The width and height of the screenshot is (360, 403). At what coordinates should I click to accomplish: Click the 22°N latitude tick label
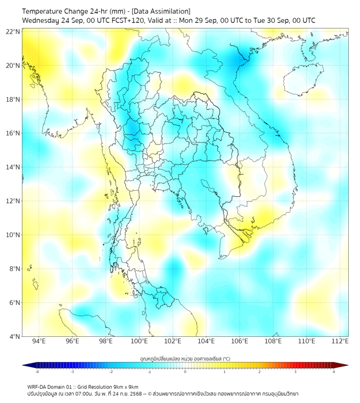click(x=13, y=31)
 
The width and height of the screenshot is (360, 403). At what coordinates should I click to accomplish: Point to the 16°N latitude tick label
click(x=13, y=133)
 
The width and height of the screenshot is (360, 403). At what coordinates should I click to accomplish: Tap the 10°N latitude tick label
click(x=13, y=235)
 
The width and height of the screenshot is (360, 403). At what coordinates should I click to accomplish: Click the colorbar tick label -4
click(x=37, y=372)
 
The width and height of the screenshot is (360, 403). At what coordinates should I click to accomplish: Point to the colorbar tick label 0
click(x=185, y=372)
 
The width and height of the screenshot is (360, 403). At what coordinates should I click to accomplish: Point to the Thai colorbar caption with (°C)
click(x=185, y=358)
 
